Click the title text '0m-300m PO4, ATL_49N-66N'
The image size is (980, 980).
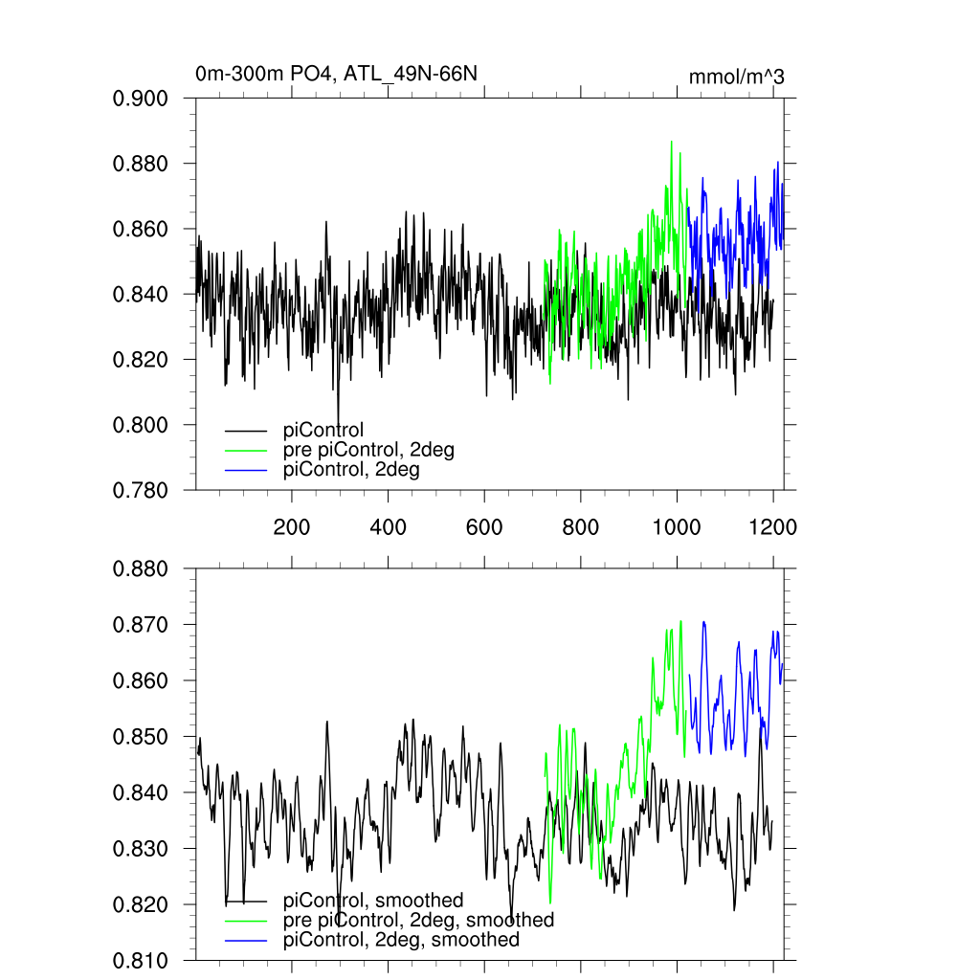336,74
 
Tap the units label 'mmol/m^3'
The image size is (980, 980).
737,77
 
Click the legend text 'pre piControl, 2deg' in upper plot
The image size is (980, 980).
369,451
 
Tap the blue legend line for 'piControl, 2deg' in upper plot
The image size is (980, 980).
246,471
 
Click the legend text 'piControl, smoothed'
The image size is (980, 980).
374,900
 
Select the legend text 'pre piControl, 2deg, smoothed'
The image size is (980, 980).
419,920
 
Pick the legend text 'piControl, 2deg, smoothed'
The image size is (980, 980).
402,940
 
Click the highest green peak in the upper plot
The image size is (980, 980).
671,142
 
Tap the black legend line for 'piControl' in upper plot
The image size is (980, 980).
246,431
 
